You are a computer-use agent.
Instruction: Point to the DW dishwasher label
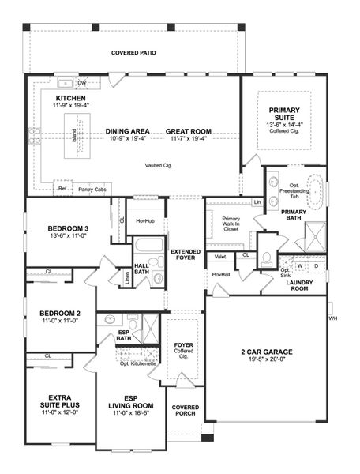click(82, 82)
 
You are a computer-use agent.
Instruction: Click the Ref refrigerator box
click(62, 189)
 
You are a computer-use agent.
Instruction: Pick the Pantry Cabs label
click(92, 190)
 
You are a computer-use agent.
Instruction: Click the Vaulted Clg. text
click(158, 166)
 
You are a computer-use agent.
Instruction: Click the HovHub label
click(145, 221)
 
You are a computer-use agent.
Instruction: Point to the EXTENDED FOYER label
click(186, 255)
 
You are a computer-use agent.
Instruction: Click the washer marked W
click(300, 265)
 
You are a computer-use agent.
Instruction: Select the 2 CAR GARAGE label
click(265, 354)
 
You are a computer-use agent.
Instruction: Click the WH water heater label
click(332, 318)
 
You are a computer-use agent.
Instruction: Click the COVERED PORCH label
click(186, 412)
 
